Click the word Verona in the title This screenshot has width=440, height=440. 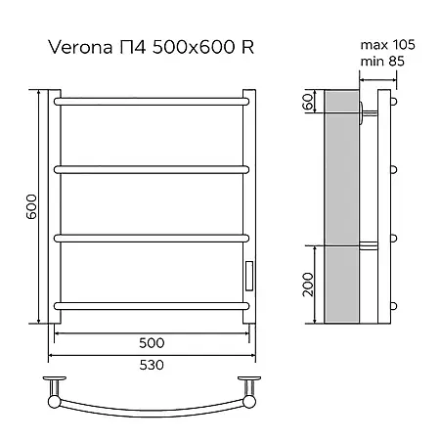point(81,47)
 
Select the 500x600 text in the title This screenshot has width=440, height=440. point(194,47)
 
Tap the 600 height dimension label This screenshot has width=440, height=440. point(32,206)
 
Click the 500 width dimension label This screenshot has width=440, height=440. point(152,343)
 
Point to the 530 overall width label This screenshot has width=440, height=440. point(152,365)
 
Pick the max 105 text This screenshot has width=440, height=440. point(387,45)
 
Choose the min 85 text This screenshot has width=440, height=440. point(382,61)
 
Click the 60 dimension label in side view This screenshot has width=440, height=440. point(309,101)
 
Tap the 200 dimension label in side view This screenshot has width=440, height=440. point(308,285)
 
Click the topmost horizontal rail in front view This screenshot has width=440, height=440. point(152,102)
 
